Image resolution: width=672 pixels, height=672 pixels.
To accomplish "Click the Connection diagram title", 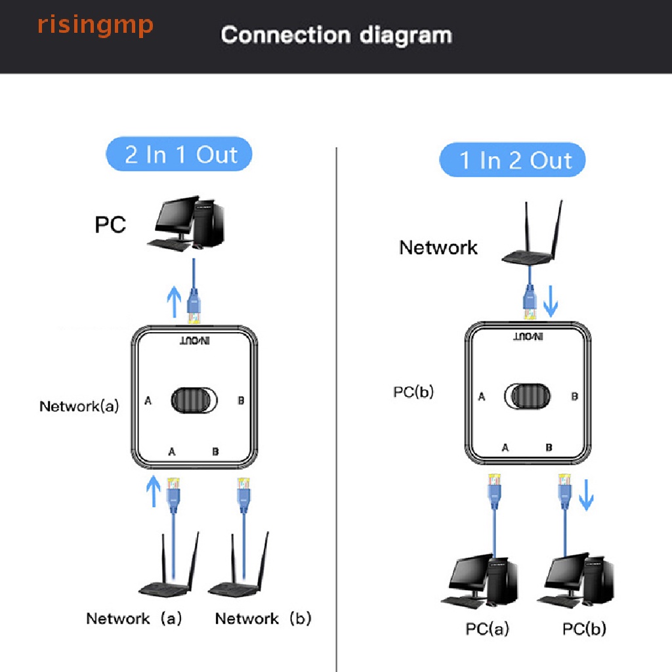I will (x=336, y=35).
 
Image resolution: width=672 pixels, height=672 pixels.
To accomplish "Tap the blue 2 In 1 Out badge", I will (x=179, y=155).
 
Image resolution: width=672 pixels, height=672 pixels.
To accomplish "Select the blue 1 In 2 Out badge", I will (x=513, y=161).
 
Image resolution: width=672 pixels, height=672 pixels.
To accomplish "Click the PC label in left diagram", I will (x=110, y=224).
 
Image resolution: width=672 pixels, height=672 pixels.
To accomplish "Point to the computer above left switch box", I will (x=186, y=224).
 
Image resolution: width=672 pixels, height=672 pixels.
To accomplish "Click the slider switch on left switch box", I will (x=194, y=400).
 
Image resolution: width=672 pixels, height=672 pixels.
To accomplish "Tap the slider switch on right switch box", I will (x=527, y=396).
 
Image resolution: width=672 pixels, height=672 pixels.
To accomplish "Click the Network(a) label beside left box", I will (x=79, y=406).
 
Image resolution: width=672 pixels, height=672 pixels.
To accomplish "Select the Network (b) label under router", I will (x=263, y=618).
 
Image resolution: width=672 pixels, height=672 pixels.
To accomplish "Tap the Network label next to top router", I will (x=438, y=247).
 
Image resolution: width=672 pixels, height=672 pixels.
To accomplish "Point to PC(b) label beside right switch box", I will (x=413, y=392).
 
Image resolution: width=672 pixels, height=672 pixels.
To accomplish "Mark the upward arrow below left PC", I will (x=173, y=301).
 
